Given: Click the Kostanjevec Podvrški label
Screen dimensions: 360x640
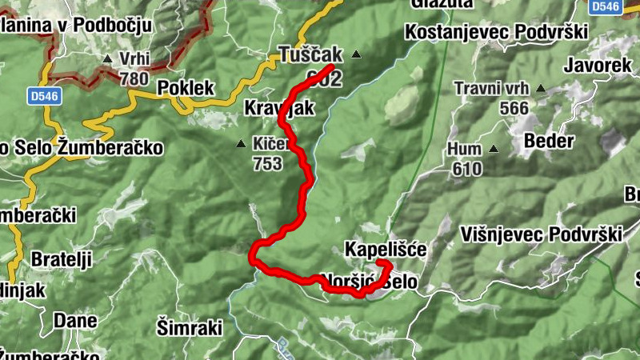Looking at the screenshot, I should (x=496, y=32).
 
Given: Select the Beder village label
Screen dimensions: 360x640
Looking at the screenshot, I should (x=549, y=142).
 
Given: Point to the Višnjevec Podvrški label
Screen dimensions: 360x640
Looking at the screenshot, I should (x=542, y=234).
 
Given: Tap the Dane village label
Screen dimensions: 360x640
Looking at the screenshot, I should (x=75, y=321).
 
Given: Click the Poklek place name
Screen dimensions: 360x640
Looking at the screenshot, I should (x=185, y=87).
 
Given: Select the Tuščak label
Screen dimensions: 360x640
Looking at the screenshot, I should (x=310, y=55).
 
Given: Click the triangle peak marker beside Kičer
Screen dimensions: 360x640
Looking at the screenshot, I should (x=241, y=145).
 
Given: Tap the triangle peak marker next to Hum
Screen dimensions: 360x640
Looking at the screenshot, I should (x=494, y=149).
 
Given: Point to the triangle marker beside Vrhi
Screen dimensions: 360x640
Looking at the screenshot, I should (x=108, y=58).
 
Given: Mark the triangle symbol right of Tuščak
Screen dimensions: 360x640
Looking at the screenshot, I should (x=356, y=55).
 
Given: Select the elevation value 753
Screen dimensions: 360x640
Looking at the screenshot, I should (x=267, y=164).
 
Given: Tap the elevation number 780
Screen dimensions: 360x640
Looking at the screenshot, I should (x=134, y=78).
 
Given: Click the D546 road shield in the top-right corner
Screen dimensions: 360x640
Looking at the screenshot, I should (x=606, y=6).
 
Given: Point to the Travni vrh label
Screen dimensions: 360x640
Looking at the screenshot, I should (x=491, y=88).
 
